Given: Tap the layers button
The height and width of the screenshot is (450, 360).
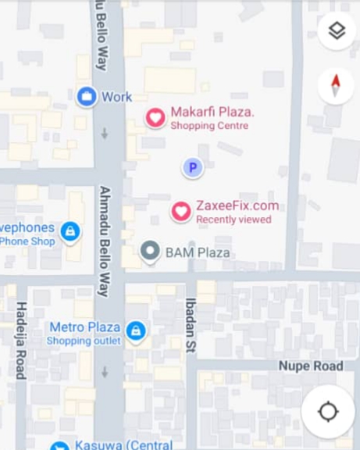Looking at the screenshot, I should coord(337,31).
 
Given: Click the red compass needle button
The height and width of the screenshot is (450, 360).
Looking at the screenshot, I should coord(337,85).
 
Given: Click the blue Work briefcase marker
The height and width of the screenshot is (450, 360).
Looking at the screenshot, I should coord(87,97).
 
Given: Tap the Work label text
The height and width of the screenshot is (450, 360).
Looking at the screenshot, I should coord(117,97).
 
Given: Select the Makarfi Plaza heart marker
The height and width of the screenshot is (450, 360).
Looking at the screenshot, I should coord(155,118).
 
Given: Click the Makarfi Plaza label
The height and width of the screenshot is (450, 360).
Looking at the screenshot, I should coord(212,112).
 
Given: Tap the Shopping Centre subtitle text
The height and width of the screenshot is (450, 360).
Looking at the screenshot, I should coord(209,126).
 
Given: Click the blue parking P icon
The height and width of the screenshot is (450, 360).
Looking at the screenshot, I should coord(192,167).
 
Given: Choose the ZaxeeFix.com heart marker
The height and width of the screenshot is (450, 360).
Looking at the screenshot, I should coord(181,211).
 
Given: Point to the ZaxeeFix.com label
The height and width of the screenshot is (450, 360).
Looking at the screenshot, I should coord(237,205).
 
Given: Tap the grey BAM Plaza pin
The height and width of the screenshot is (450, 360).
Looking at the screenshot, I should coord(150,251).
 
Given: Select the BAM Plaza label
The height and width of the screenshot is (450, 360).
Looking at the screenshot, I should coord(198,252).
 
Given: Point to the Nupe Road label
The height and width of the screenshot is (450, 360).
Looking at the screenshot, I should coord(311,366).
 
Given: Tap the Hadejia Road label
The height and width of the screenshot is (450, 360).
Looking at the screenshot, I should coord(21,340).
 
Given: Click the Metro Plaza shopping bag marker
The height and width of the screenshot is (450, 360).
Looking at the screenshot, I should coord(136,331).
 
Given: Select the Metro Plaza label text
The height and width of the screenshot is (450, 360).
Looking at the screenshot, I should coord(85,327).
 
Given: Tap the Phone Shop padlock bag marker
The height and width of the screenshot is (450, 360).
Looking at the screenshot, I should coord(70,232).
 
